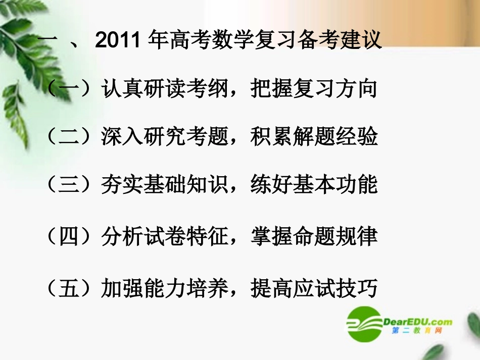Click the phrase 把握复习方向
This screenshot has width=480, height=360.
pos(314,89)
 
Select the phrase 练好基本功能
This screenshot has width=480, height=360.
pos(314,185)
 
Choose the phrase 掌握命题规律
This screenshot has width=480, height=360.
pos(314,237)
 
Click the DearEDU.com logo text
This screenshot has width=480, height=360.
pos(418,321)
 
